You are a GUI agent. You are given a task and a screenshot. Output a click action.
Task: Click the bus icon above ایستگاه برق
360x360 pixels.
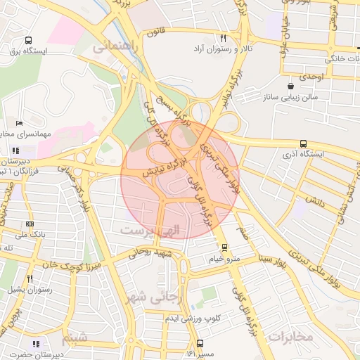pyautogui.click(x=28, y=41)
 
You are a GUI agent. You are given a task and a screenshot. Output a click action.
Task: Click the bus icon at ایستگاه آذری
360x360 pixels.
pyautogui.click(x=303, y=143)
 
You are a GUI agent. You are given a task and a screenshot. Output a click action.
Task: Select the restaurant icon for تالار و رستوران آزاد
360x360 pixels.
pyautogui.click(x=223, y=39)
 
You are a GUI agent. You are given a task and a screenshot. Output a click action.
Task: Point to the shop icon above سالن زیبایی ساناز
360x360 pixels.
pyautogui.click(x=290, y=86)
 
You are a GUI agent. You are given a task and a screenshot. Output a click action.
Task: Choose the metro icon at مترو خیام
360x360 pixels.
pyautogui.click(x=224, y=247)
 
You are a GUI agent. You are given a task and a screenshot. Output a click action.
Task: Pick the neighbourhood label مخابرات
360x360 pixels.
pyautogui.click(x=289, y=336)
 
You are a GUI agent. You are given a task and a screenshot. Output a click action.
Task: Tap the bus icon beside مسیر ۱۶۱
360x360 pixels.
pyautogui.click(x=200, y=344)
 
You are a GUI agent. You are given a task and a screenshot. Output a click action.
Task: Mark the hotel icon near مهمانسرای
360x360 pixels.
pyautogui.click(x=19, y=123)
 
